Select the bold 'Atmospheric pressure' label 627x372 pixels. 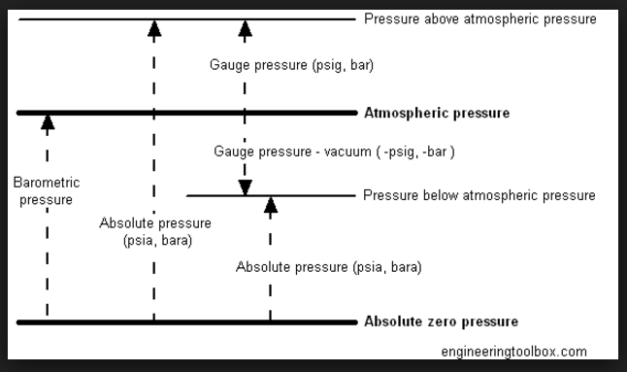(x=436, y=114)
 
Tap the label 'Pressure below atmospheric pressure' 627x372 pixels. (x=479, y=195)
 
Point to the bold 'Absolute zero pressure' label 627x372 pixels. (x=441, y=321)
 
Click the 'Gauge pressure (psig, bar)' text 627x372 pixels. (x=291, y=66)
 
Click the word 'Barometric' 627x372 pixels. (x=47, y=183)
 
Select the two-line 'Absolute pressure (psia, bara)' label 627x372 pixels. (x=155, y=231)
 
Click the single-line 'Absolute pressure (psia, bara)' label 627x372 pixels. (x=329, y=266)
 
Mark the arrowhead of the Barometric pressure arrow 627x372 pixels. (x=48, y=121)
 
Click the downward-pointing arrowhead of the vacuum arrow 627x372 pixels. (x=246, y=187)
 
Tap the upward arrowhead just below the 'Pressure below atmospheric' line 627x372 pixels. (x=271, y=204)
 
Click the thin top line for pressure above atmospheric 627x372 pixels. (x=97, y=18)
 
